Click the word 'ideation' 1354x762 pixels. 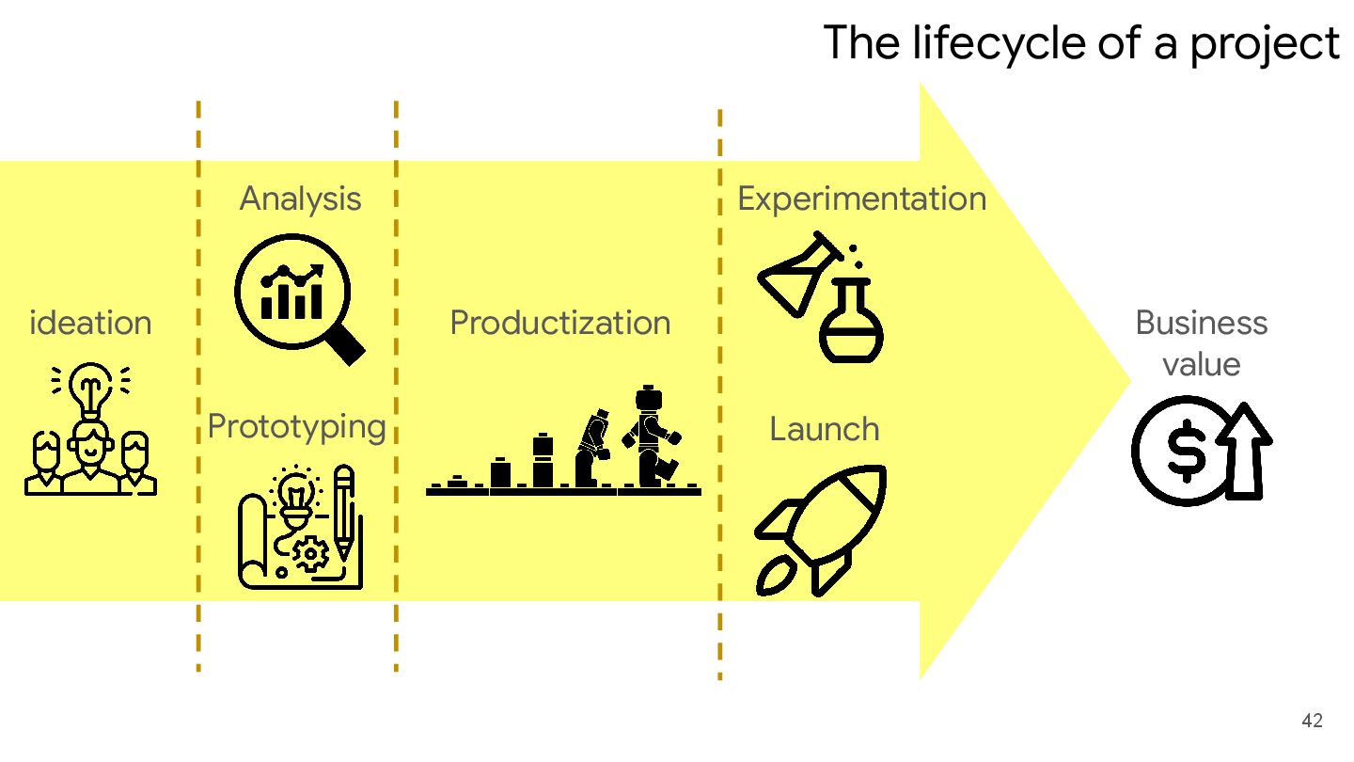coord(90,323)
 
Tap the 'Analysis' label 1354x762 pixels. coord(300,198)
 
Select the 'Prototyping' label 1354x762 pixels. coord(296,426)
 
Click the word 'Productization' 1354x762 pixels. coord(560,323)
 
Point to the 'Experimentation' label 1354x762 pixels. coord(861,198)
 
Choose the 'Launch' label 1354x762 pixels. coord(825,429)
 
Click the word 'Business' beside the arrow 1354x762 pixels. coord(1201,323)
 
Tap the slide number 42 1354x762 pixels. coord(1312,722)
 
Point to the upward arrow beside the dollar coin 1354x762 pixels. coord(1243,450)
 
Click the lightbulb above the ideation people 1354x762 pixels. coord(90,389)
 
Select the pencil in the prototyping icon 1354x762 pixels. coord(344,513)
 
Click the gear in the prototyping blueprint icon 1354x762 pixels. coord(310,552)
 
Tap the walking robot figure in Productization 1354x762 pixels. coord(651,437)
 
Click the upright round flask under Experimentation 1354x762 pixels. coord(851,325)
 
